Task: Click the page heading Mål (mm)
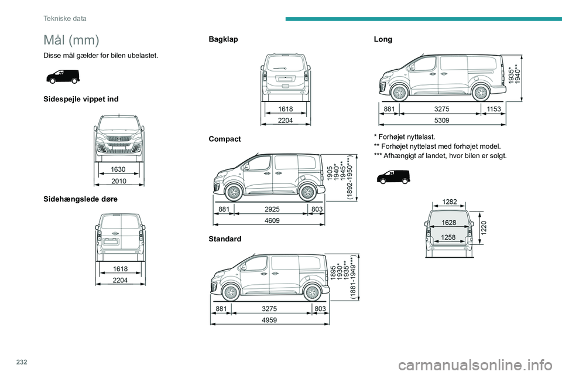click(x=71, y=40)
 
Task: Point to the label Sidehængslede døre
click(x=80, y=199)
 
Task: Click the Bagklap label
click(x=223, y=39)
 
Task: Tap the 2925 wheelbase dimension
click(x=271, y=209)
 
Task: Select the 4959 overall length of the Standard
click(x=270, y=321)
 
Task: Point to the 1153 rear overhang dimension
click(x=494, y=108)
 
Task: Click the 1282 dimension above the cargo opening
click(x=449, y=202)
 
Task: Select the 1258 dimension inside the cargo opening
click(x=449, y=237)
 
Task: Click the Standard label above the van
click(x=224, y=240)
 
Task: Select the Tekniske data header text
click(x=65, y=19)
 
